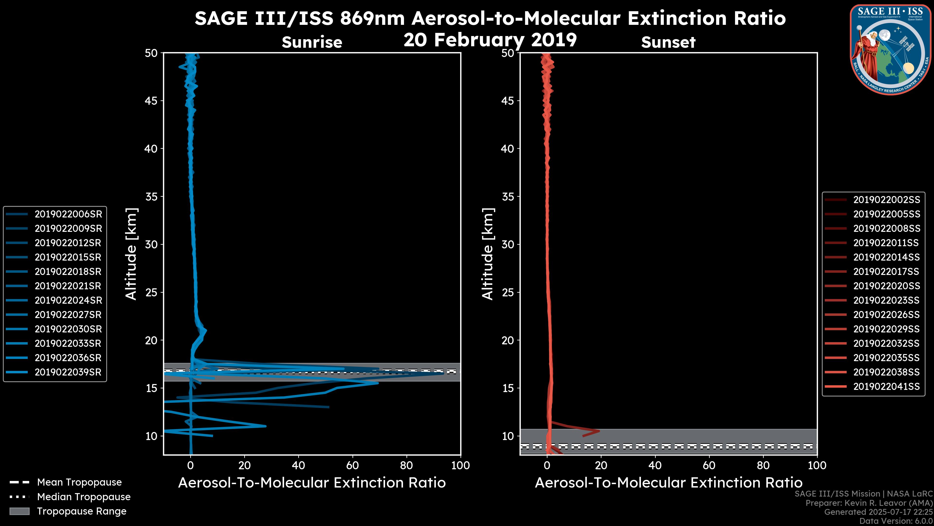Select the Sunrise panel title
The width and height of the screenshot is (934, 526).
(x=312, y=42)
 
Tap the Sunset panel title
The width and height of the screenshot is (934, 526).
(x=668, y=42)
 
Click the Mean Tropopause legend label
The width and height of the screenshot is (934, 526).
(x=79, y=482)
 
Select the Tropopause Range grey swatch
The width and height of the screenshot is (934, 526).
(x=19, y=511)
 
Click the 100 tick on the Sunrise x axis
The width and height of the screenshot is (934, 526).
(x=460, y=465)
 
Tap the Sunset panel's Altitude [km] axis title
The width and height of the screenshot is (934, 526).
(x=488, y=254)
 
